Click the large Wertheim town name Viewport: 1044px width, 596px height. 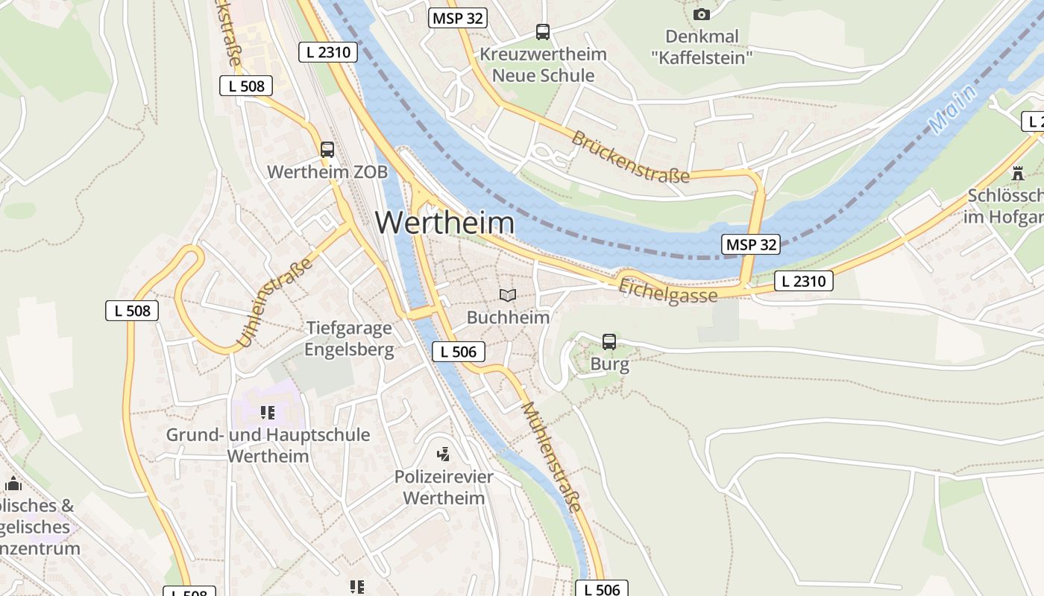444,223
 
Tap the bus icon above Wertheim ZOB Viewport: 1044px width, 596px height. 327,149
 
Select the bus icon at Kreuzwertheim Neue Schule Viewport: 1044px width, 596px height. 543,32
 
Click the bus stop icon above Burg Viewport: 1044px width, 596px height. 609,342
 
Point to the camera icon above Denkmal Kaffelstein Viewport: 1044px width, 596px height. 701,14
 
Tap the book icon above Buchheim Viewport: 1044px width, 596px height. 508,296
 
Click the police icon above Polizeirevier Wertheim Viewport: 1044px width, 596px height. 444,454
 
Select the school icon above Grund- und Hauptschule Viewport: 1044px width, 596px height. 268,413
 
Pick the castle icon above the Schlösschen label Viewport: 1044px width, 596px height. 1018,174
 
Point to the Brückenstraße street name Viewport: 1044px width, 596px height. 630,157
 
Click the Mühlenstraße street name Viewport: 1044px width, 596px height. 551,456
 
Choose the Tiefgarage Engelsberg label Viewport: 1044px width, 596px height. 349,339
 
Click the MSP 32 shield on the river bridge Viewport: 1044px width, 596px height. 751,244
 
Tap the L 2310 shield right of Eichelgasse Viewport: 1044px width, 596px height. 803,281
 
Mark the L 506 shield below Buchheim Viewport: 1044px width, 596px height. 459,352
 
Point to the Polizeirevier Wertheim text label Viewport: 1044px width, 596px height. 444,487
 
